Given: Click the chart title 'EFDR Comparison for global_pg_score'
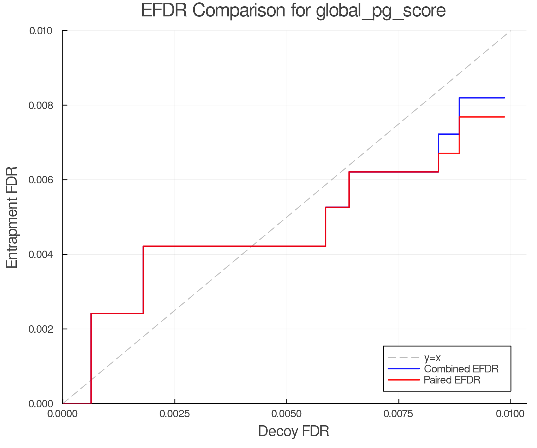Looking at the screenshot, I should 293,11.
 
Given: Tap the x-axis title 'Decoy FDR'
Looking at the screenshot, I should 294,431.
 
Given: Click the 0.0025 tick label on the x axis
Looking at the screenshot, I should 175,414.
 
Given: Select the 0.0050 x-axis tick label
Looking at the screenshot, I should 287,414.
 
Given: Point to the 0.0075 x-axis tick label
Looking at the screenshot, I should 399,414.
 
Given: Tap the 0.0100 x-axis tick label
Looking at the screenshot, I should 510,414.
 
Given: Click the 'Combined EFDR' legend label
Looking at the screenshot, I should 461,369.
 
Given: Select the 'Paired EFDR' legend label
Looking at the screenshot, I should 452,380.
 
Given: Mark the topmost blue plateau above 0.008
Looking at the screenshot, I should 482,98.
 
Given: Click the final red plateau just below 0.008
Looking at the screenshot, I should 482,117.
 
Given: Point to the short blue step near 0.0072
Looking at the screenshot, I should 449,134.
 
